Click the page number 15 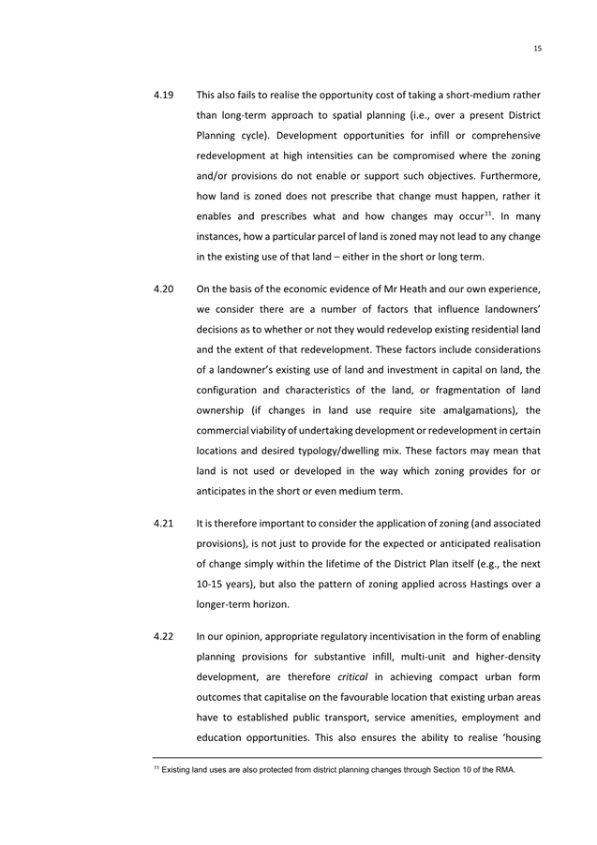coord(537,48)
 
